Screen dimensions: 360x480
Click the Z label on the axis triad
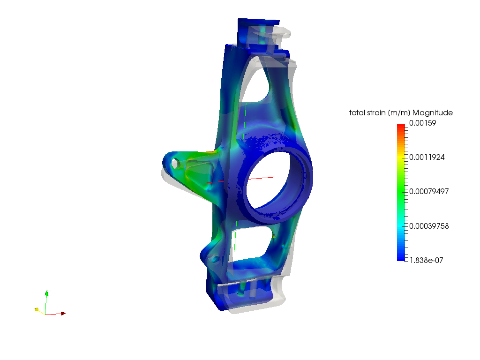50,293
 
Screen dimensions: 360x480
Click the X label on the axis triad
65,312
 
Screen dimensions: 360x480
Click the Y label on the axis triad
40,307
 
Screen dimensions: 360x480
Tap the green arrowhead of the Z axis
46,294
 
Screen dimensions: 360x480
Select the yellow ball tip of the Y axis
37,309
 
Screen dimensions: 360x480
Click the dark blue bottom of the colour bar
401,258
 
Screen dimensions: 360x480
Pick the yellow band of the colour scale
401,157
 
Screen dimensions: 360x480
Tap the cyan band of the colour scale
401,227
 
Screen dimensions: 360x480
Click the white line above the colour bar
426,109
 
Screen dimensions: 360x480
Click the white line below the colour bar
426,263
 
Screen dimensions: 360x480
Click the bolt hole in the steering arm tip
175,164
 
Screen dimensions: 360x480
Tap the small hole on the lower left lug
215,258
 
